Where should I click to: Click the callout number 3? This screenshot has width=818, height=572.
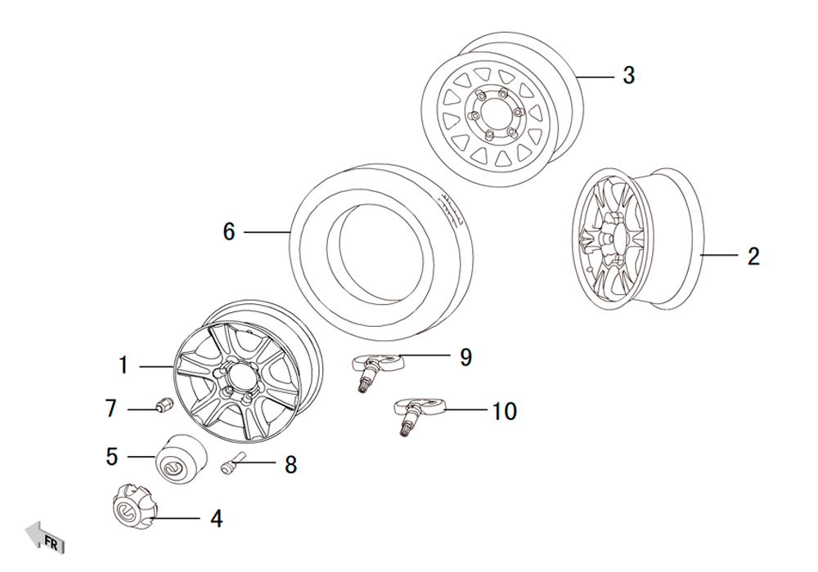tap(628, 76)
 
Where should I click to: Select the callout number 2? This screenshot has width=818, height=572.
tap(753, 256)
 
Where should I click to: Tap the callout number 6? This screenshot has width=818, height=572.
tap(229, 233)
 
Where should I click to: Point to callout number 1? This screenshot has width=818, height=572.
tap(124, 365)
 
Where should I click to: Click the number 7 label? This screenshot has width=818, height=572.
tap(111, 408)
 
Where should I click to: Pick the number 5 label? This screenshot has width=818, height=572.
tap(112, 456)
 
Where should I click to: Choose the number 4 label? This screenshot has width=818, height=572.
tap(216, 518)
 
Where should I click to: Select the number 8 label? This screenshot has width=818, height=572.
tap(290, 465)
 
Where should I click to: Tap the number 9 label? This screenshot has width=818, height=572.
tap(465, 357)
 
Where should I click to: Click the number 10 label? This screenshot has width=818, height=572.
tap(505, 411)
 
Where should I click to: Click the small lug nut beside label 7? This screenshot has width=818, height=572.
tap(162, 404)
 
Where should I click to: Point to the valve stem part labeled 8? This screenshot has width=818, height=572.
tap(231, 464)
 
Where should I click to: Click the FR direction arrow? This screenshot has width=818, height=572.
tap(45, 537)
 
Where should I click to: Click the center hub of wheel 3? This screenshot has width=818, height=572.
tap(489, 116)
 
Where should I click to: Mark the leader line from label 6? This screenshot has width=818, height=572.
tap(267, 233)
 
